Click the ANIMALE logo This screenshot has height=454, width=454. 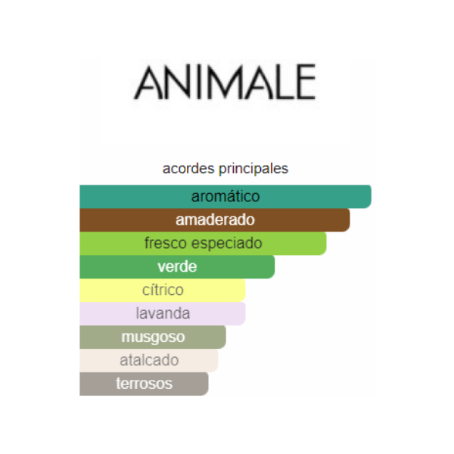(225, 82)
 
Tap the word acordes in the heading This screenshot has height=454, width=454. (188, 169)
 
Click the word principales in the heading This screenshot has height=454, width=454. (253, 169)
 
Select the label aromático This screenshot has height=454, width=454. (225, 196)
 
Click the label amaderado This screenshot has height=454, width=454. (215, 219)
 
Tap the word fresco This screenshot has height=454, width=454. (166, 243)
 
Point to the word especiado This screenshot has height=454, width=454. (227, 244)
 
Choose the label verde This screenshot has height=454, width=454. (177, 266)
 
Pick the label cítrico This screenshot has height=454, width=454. (163, 290)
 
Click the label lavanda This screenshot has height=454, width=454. (163, 313)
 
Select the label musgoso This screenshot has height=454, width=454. (153, 337)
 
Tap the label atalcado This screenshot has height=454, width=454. (149, 360)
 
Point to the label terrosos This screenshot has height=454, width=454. (145, 384)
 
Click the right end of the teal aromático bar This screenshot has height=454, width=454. (371, 196)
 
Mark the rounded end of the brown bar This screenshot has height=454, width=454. (349, 219)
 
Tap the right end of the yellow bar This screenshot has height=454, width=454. (245, 290)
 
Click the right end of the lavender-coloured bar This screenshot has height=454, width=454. (245, 313)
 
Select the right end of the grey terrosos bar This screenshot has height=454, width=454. (207, 384)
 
